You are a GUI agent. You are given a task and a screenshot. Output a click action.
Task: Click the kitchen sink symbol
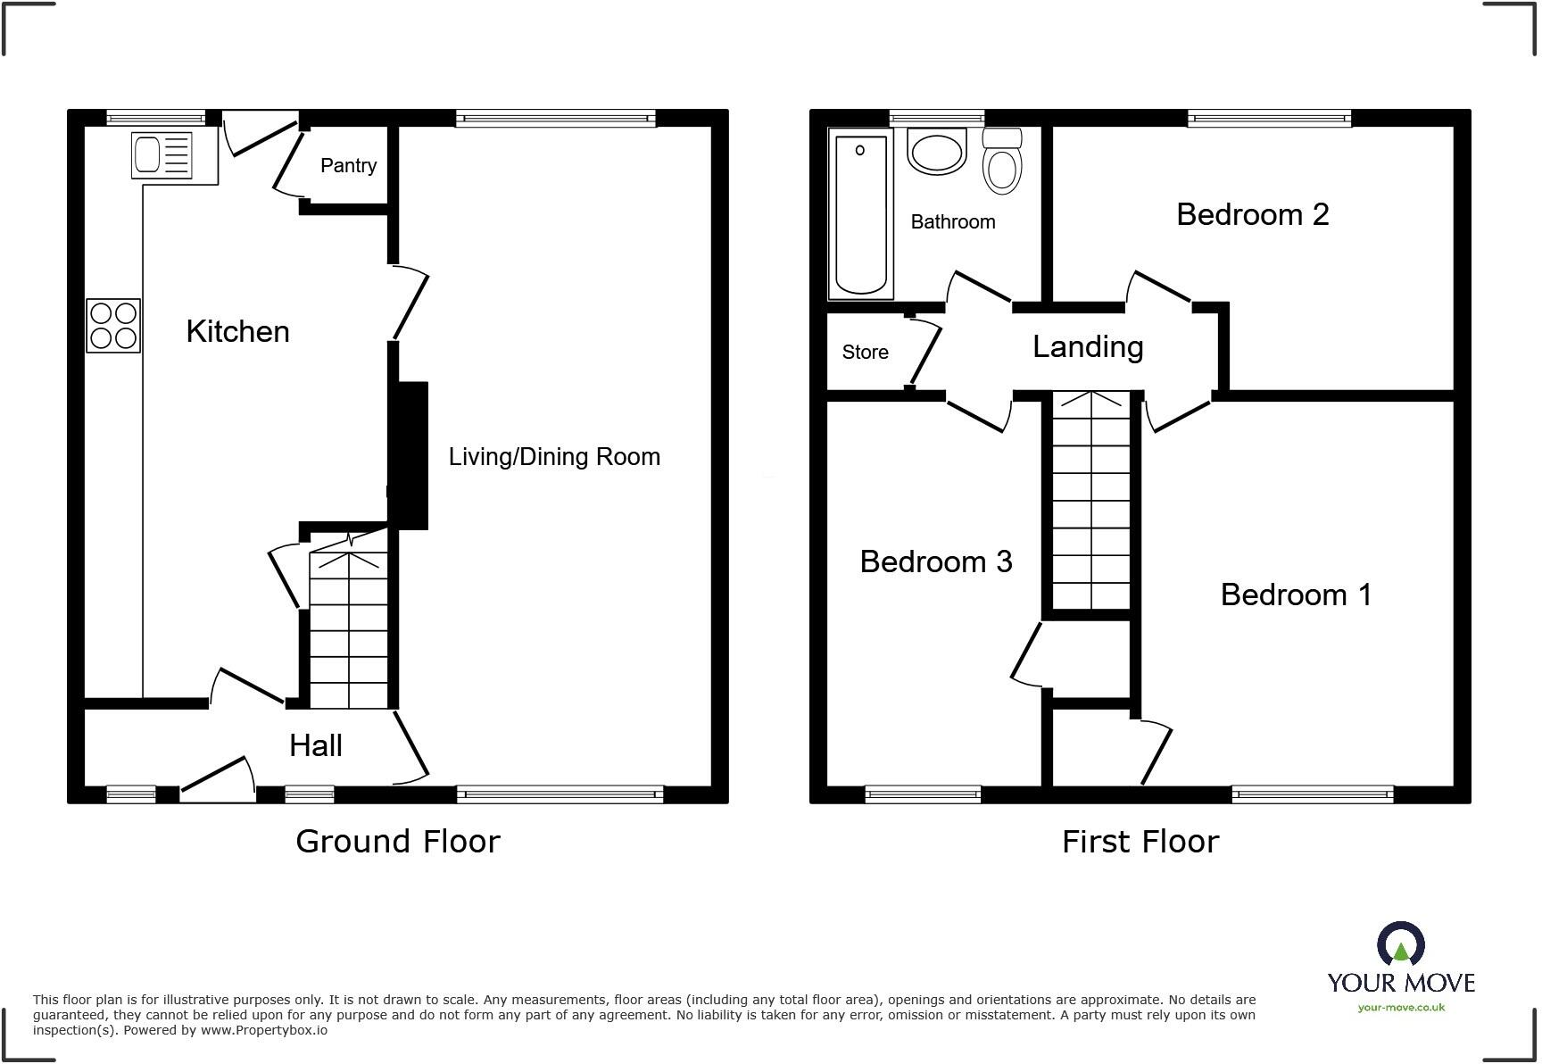pos(162,154)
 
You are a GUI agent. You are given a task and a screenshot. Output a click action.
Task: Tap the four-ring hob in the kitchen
pos(113,326)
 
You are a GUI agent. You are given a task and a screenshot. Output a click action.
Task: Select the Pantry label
pos(348,166)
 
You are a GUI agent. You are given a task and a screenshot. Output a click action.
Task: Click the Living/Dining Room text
pos(554,457)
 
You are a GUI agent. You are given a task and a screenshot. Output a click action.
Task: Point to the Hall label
pos(316,746)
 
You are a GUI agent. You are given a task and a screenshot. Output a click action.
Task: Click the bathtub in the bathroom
pos(861,214)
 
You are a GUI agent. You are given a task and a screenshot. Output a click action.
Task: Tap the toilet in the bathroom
pos(1002,163)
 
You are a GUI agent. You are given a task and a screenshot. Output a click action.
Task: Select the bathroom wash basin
pos(937,152)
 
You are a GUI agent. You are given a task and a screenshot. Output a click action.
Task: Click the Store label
pos(865,353)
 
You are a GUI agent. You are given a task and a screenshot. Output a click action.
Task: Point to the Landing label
pos(1088,347)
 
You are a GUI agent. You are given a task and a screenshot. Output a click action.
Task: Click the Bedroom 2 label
pos(1252,215)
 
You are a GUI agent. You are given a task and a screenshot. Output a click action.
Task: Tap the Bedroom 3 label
pos(935,561)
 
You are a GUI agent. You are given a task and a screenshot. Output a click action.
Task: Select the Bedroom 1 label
pos(1296,594)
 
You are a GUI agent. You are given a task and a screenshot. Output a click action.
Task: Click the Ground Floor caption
pos(398,842)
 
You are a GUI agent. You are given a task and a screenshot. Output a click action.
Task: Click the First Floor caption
pos(1140,842)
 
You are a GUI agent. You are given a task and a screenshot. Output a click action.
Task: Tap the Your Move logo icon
pos(1400,944)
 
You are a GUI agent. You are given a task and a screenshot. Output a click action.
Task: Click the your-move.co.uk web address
pos(1401,1008)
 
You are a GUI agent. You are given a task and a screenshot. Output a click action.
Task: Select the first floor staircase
pos(1090,500)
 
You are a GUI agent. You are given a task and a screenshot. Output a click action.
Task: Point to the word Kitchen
pos(237,332)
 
